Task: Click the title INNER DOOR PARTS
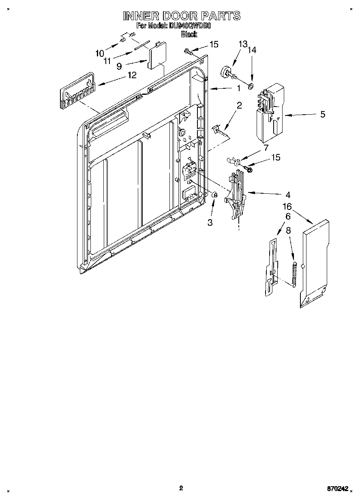(181, 16)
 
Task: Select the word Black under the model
(189, 34)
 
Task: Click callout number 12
(132, 75)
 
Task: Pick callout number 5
(323, 114)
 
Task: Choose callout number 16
(287, 207)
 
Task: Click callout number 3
(210, 222)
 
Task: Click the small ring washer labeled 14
(251, 86)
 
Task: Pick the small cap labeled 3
(215, 195)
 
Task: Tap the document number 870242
(338, 489)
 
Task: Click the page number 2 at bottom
(181, 488)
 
